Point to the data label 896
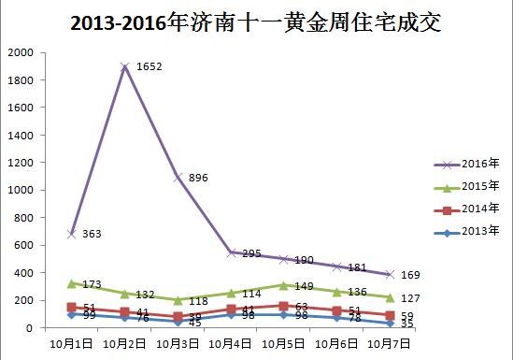pyautogui.click(x=198, y=178)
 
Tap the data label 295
pyautogui.click(x=251, y=253)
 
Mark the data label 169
pyautogui.click(x=410, y=275)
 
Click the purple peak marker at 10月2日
pyautogui.click(x=123, y=66)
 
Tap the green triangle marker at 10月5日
pyautogui.click(x=282, y=284)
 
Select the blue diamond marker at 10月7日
pyautogui.click(x=389, y=323)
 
